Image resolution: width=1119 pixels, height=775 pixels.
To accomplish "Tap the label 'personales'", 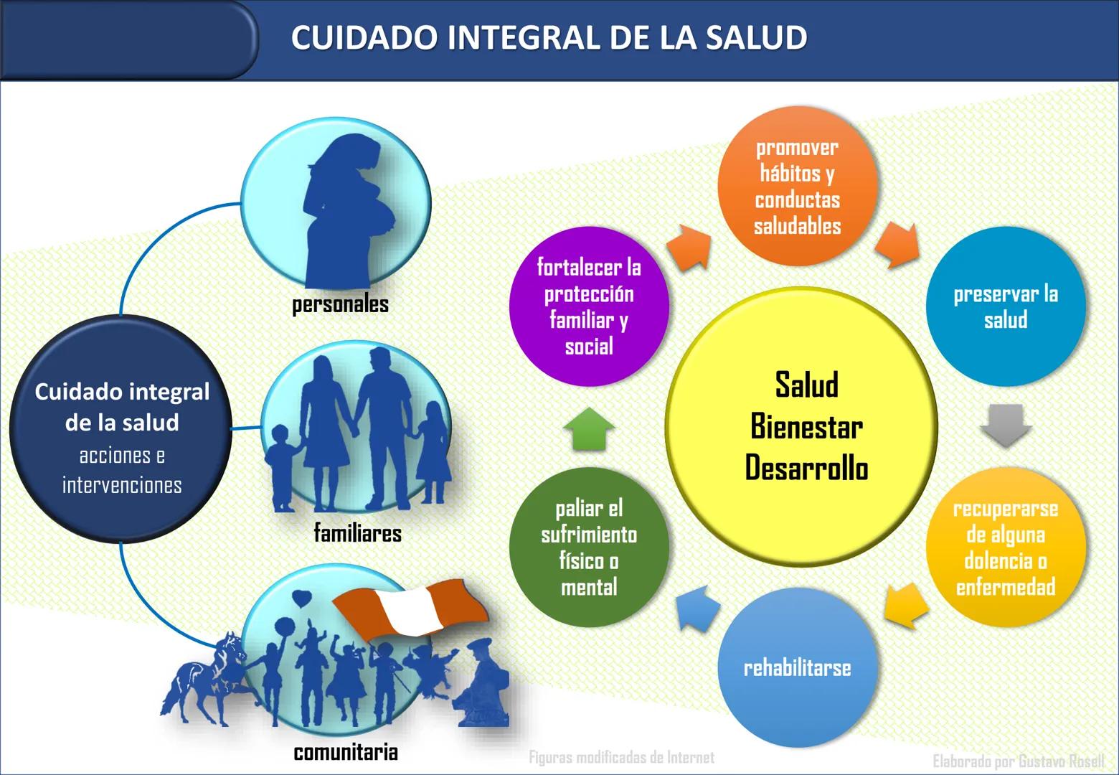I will point(340,304).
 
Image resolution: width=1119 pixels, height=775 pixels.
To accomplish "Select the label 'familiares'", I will point(357,533).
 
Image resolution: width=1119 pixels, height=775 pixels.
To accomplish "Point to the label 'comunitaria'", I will point(346,752).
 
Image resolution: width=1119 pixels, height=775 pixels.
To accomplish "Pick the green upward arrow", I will point(589,428).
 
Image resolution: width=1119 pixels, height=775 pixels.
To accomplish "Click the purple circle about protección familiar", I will point(589,307).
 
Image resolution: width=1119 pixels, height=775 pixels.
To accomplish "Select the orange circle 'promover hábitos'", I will point(797,187).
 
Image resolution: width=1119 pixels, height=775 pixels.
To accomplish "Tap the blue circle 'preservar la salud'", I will point(1005,307).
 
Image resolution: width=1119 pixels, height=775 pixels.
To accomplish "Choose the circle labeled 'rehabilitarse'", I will point(797,668).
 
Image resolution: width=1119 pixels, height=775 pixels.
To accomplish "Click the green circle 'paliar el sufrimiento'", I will point(589,548).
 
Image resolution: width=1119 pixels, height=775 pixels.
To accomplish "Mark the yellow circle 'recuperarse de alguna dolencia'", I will point(1005,548).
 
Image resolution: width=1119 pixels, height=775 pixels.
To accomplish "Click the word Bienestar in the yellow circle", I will point(806,427).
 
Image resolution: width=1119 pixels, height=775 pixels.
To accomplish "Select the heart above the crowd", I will point(302,597).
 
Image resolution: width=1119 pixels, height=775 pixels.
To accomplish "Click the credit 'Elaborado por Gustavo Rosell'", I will point(1018,761).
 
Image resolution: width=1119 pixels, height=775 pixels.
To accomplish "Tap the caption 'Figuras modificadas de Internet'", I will point(621,757).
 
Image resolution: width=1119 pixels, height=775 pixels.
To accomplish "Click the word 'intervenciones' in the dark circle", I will point(122,485).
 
